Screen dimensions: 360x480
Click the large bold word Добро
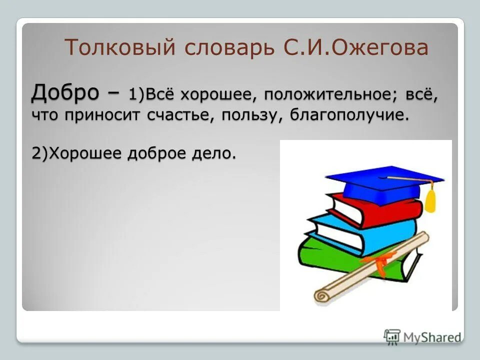click(x=70, y=92)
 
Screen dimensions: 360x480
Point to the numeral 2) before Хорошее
click(x=39, y=153)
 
